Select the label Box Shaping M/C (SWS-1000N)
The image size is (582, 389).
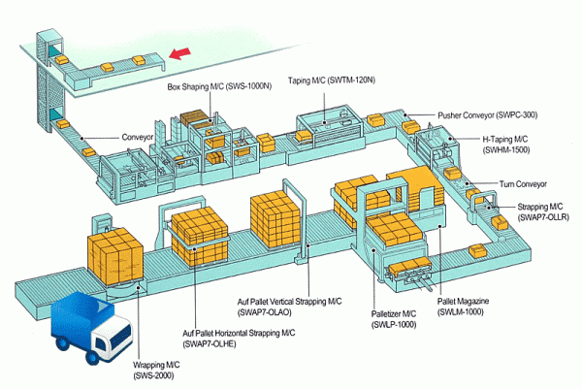[218, 87]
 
